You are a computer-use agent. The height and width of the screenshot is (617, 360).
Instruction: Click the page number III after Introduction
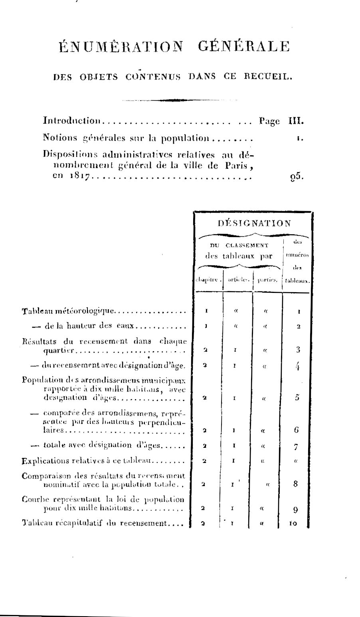point(297,121)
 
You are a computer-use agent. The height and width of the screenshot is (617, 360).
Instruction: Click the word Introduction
point(71,121)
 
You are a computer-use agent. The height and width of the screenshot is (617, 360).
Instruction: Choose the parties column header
point(267,280)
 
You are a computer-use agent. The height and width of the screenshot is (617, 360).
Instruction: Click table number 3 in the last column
point(298,350)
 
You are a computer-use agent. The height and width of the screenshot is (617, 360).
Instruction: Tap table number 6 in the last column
point(296,430)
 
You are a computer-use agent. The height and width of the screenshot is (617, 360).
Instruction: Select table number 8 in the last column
point(296,484)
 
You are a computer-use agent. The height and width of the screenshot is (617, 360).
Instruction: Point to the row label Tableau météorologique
point(68,310)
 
